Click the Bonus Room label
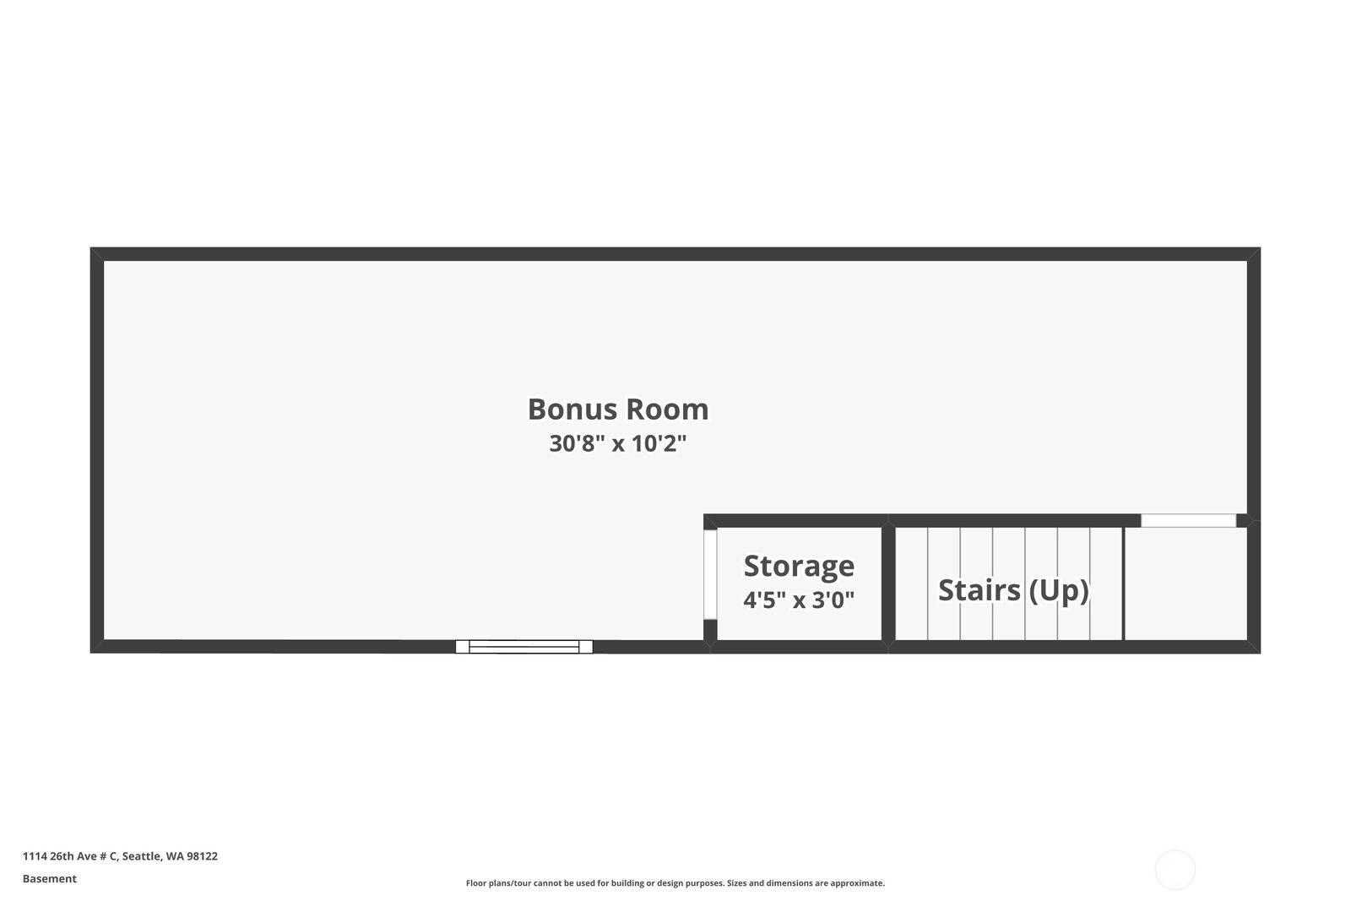tap(618, 409)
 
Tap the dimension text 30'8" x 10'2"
tap(618, 443)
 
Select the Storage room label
tap(799, 567)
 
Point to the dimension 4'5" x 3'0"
tap(799, 600)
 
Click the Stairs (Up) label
tap(1014, 589)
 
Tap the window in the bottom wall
tap(524, 647)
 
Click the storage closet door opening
tap(710, 574)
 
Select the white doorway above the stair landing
tap(1188, 520)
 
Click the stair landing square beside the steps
tap(1186, 583)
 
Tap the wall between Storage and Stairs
tap(887, 583)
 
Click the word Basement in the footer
tap(50, 879)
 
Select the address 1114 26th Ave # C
tap(71, 855)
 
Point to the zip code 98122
tap(202, 855)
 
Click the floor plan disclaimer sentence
tap(675, 883)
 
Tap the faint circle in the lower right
tap(1175, 870)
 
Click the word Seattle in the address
tap(142, 856)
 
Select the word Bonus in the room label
tap(572, 409)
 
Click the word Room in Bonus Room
tap(667, 409)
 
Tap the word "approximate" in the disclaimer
tap(857, 883)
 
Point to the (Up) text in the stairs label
tap(1059, 590)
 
